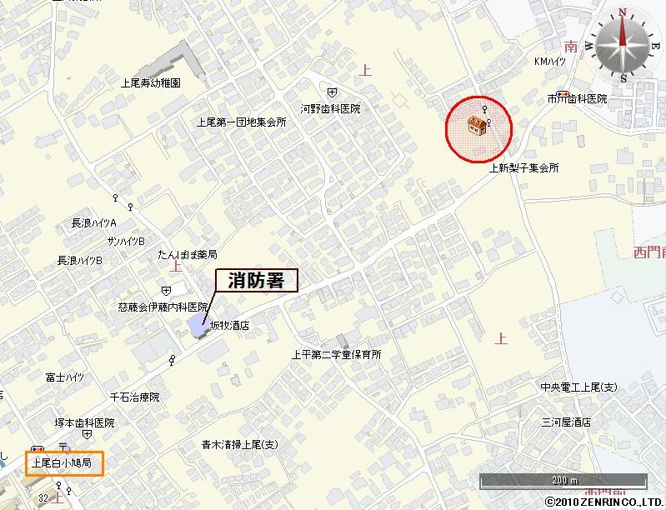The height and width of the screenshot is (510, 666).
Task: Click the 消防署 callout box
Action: point(256,281)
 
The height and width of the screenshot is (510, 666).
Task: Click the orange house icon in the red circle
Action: point(477,125)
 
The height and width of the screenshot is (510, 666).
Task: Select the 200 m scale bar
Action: point(563,481)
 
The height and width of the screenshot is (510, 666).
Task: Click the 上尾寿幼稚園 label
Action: point(151,83)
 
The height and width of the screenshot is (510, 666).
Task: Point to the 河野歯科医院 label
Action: point(331,108)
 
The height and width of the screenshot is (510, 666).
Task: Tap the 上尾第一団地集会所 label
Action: point(241,122)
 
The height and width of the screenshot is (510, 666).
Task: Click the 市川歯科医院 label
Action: point(577,99)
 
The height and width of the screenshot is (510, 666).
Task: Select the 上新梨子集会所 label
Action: point(523,167)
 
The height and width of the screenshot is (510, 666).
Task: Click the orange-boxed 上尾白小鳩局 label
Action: point(65,462)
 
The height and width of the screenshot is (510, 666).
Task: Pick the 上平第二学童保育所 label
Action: point(336,354)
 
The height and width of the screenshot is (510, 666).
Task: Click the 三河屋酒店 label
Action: point(566,422)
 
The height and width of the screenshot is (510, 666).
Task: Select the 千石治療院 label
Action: point(134,397)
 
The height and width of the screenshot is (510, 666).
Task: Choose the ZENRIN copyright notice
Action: point(603,502)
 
